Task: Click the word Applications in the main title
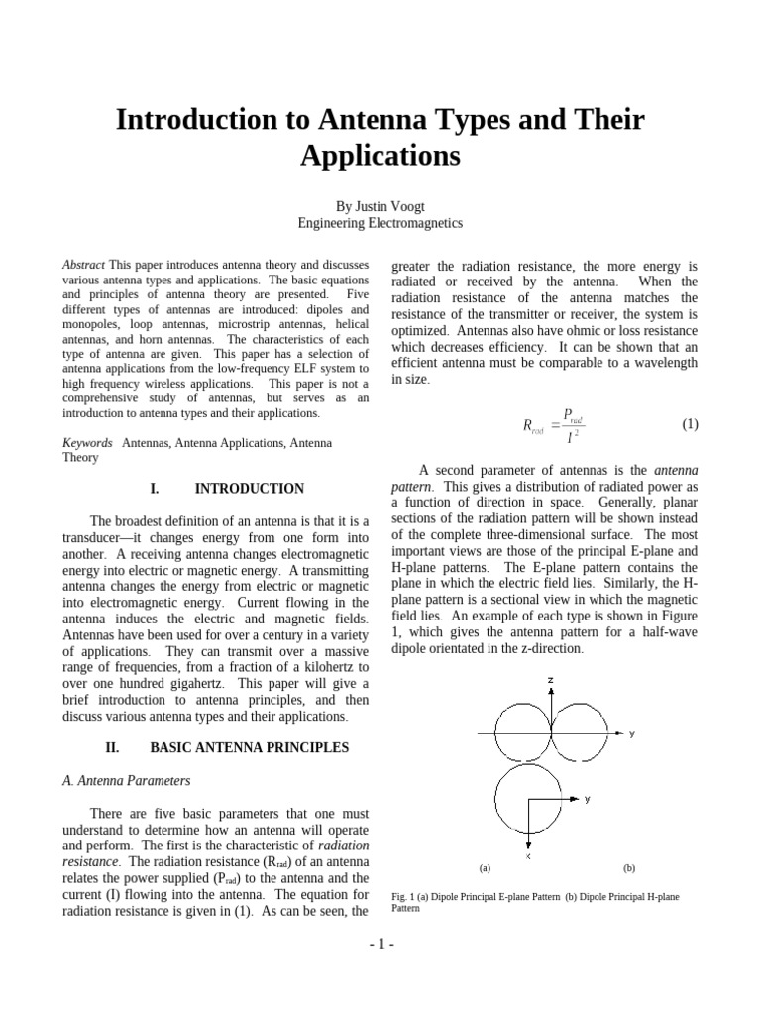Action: click(x=380, y=156)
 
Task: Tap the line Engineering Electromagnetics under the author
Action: click(x=380, y=223)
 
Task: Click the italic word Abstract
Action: click(x=83, y=266)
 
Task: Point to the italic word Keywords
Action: click(x=87, y=442)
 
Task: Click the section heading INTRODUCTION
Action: click(x=249, y=489)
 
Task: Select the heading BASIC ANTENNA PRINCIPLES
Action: click(x=249, y=747)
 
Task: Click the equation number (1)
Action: click(x=691, y=424)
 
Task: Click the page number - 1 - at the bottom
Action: click(x=380, y=943)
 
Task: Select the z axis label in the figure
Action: click(x=550, y=680)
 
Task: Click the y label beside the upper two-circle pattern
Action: click(x=631, y=733)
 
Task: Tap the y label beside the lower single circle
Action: click(x=587, y=798)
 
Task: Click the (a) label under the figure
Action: click(x=485, y=868)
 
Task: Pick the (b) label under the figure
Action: click(x=629, y=868)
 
